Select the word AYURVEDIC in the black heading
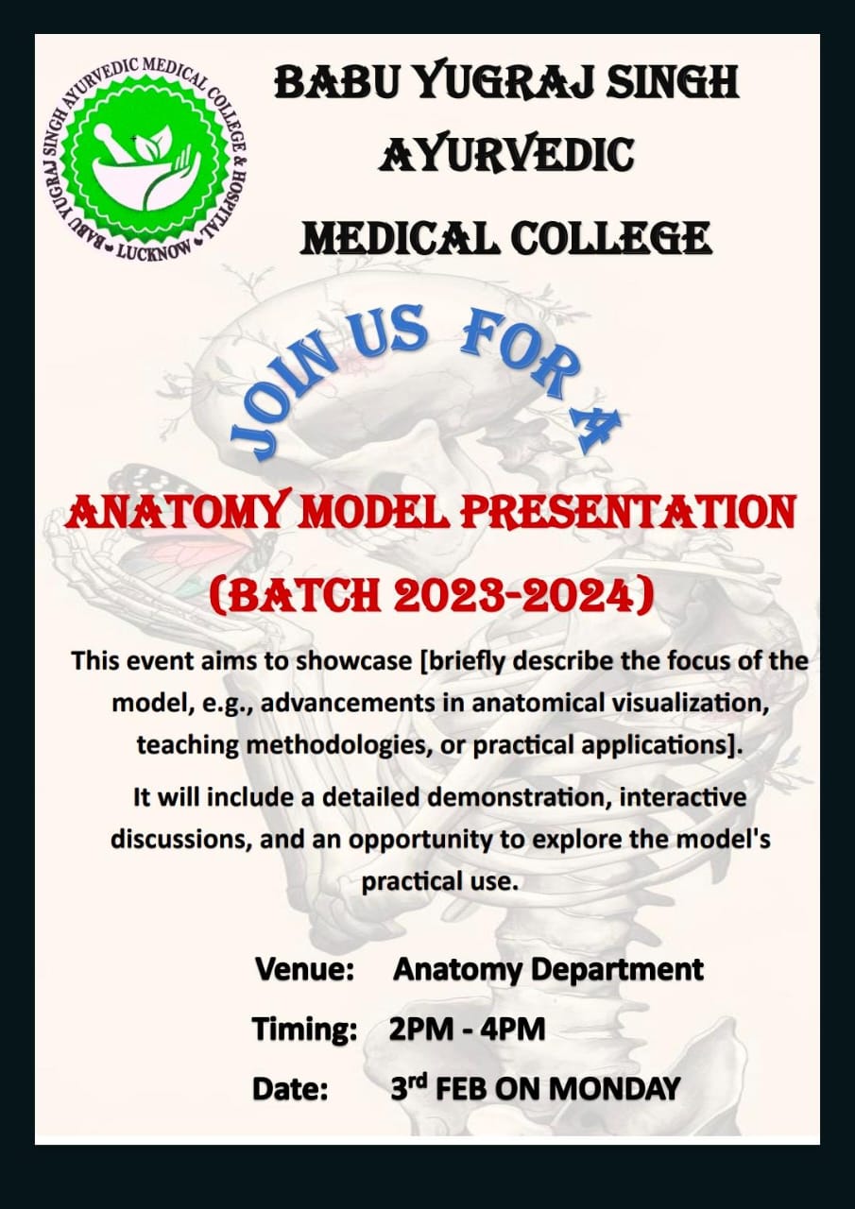(505, 155)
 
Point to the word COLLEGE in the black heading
(611, 239)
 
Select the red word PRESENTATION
(627, 513)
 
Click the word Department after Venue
(617, 970)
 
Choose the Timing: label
(305, 1030)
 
